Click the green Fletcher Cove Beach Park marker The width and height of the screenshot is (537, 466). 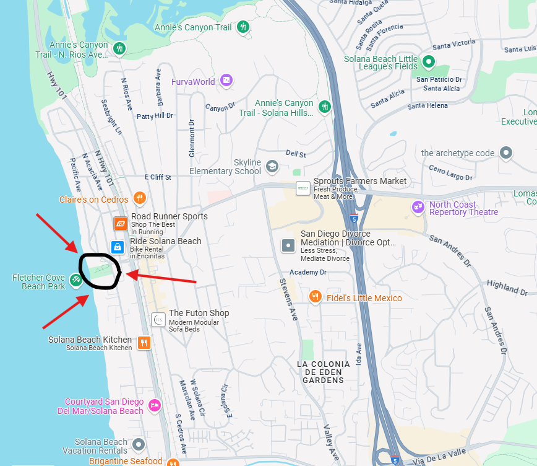[76, 281]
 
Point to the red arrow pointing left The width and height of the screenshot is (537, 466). [161, 277]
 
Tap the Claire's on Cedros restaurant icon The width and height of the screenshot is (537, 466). [140, 198]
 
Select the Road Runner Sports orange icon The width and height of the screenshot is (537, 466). [120, 224]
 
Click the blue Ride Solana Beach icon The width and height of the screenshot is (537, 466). [118, 247]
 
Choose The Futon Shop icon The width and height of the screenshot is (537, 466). [158, 320]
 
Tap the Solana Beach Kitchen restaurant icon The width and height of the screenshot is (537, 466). [144, 343]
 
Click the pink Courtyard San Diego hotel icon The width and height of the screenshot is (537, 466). [155, 405]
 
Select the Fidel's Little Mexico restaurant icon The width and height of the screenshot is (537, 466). [316, 297]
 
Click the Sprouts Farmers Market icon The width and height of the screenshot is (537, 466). [303, 188]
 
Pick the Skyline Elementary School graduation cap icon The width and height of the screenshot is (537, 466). [272, 166]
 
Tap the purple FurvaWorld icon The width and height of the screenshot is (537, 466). [226, 81]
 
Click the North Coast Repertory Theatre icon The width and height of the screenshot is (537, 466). [419, 207]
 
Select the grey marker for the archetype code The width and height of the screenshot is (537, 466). [507, 152]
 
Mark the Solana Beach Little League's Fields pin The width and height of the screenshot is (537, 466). [427, 61]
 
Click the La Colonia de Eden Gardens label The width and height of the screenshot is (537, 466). [323, 372]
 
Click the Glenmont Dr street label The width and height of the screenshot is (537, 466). [192, 138]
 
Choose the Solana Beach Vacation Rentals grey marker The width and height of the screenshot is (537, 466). [139, 444]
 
